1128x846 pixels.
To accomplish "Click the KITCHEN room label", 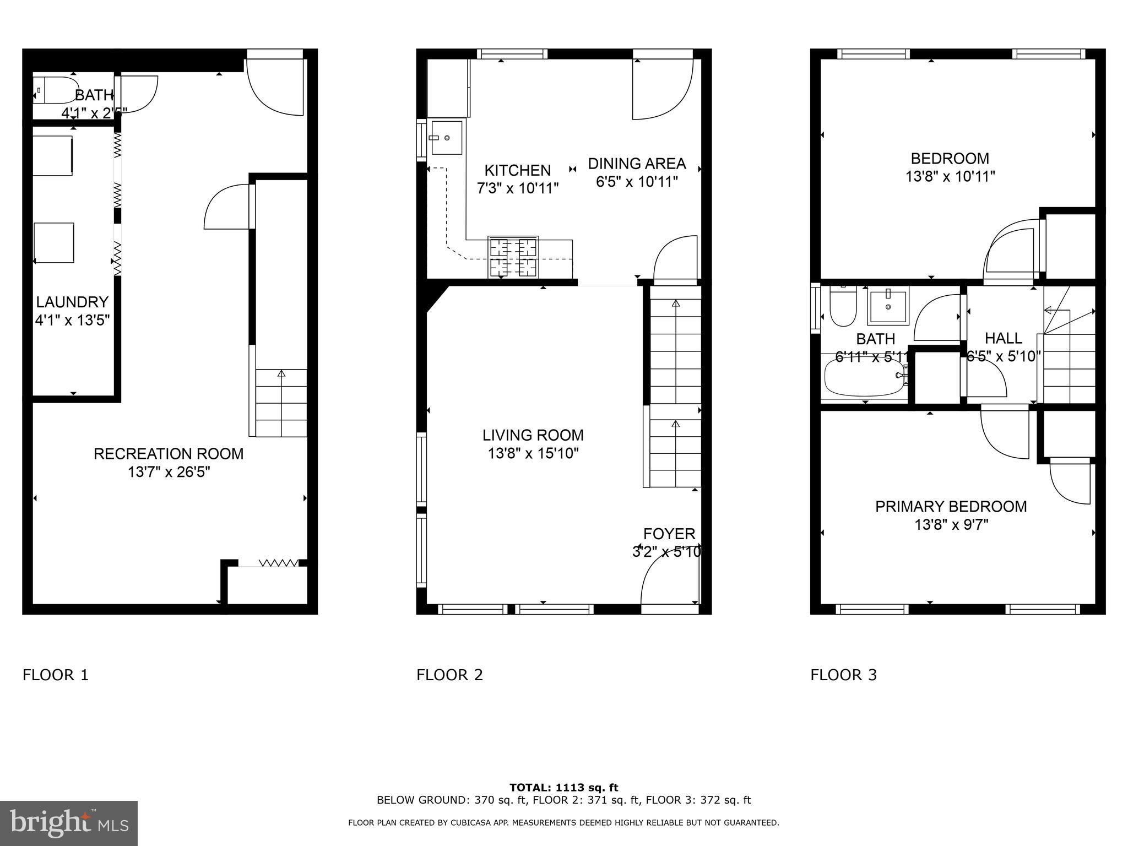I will (517, 170).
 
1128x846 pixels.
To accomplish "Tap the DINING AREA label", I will (637, 164).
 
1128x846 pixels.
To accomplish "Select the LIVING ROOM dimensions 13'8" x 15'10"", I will (533, 454).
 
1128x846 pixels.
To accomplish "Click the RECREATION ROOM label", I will (169, 454).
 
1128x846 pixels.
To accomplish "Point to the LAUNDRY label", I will (72, 302).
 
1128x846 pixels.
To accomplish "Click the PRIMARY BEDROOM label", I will (951, 506).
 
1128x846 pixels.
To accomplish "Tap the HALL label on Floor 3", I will (1003, 338).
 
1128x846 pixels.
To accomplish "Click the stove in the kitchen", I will (513, 257).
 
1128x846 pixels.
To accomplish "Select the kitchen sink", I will (446, 138).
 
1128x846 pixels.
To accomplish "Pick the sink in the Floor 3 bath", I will (888, 306).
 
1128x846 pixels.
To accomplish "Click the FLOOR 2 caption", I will (449, 675).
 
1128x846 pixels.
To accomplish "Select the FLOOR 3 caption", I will (843, 675).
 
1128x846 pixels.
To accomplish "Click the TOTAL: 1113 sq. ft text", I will (563, 788).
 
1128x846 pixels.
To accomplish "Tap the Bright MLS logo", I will (69, 823).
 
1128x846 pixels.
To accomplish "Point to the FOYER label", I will (669, 534).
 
